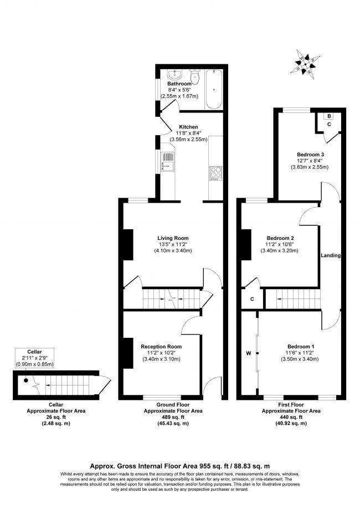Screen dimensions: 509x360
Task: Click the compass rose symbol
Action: click(304, 63)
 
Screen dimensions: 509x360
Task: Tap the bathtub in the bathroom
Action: click(213, 89)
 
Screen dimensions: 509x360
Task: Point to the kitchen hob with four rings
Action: click(215, 172)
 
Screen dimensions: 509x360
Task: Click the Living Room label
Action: click(173, 238)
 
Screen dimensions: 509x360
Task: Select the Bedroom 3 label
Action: click(310, 155)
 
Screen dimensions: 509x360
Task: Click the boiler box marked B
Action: click(329, 116)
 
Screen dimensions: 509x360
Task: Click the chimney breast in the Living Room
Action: click(127, 244)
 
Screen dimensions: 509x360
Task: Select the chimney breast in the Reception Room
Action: click(127, 352)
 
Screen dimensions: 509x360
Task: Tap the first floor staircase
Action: click(291, 300)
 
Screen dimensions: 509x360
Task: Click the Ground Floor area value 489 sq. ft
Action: click(173, 418)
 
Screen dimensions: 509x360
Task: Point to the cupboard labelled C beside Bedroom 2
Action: click(252, 299)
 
